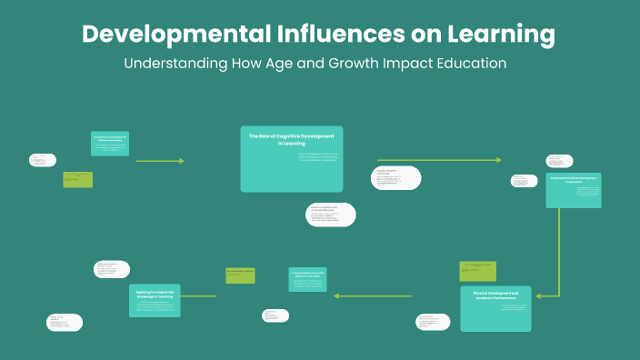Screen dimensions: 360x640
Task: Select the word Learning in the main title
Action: [x=496, y=35]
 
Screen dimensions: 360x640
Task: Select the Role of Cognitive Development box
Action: [x=292, y=158]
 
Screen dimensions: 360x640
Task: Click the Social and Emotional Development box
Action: [x=574, y=190]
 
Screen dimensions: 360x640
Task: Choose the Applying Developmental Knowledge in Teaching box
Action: [x=155, y=301]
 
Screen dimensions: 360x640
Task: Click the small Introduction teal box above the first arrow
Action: [x=110, y=143]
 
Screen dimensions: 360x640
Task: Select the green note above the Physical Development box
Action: [x=477, y=271]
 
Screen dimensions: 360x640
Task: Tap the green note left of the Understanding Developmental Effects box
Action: [x=240, y=275]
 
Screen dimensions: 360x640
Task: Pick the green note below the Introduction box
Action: [x=78, y=179]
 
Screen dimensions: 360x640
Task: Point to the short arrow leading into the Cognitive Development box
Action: [x=160, y=161]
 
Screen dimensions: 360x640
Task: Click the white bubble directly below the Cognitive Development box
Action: [x=331, y=214]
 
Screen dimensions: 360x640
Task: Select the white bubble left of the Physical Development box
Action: [x=433, y=322]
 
